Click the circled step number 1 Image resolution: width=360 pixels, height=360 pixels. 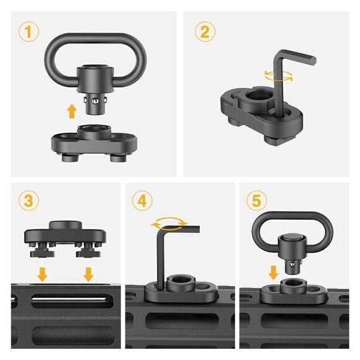(29, 32)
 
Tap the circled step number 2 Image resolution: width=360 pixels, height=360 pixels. (205, 32)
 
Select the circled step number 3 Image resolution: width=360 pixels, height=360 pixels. (29, 201)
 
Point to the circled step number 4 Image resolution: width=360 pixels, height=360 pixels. (142, 201)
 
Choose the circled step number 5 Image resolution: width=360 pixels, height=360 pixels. (257, 201)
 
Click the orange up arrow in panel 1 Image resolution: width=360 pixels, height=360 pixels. (71, 111)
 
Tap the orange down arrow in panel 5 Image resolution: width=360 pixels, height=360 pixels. (273, 272)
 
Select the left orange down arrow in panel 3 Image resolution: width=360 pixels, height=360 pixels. (42, 274)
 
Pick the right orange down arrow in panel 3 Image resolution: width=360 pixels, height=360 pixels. (88, 274)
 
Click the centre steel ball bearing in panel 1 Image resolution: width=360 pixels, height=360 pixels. (94, 101)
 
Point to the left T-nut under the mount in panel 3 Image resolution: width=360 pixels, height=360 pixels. (42, 252)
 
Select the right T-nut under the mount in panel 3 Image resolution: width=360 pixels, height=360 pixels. (88, 252)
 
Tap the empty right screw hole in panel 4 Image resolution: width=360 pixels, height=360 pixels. (202, 287)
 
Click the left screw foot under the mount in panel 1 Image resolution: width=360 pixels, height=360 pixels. (70, 158)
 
